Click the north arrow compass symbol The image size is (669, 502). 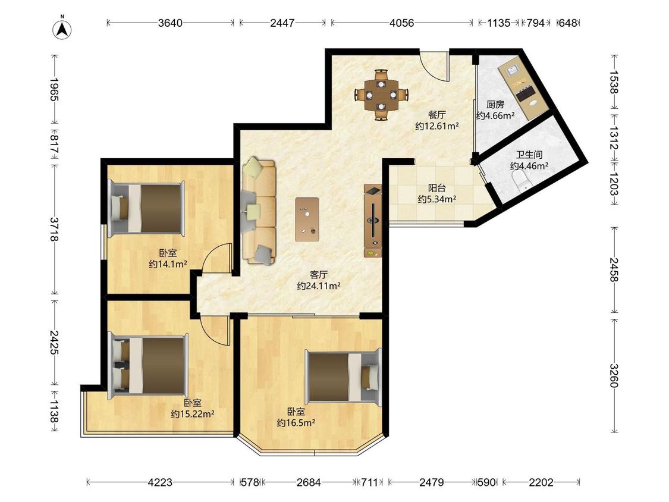(62, 29)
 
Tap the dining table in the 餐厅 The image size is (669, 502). (381, 95)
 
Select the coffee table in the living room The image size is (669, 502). (307, 219)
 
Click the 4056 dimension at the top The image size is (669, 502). (401, 23)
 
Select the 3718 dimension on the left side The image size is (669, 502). (54, 229)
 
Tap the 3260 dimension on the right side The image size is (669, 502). (614, 375)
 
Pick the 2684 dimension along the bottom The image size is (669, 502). (309, 482)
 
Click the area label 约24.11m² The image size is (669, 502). (319, 286)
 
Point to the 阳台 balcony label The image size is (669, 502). (437, 188)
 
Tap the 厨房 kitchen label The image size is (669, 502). (495, 105)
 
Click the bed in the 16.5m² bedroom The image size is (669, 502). (343, 376)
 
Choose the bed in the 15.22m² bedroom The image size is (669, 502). (148, 365)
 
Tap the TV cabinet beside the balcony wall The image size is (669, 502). (372, 221)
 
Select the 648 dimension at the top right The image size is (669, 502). (568, 23)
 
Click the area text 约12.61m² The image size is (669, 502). (437, 126)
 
